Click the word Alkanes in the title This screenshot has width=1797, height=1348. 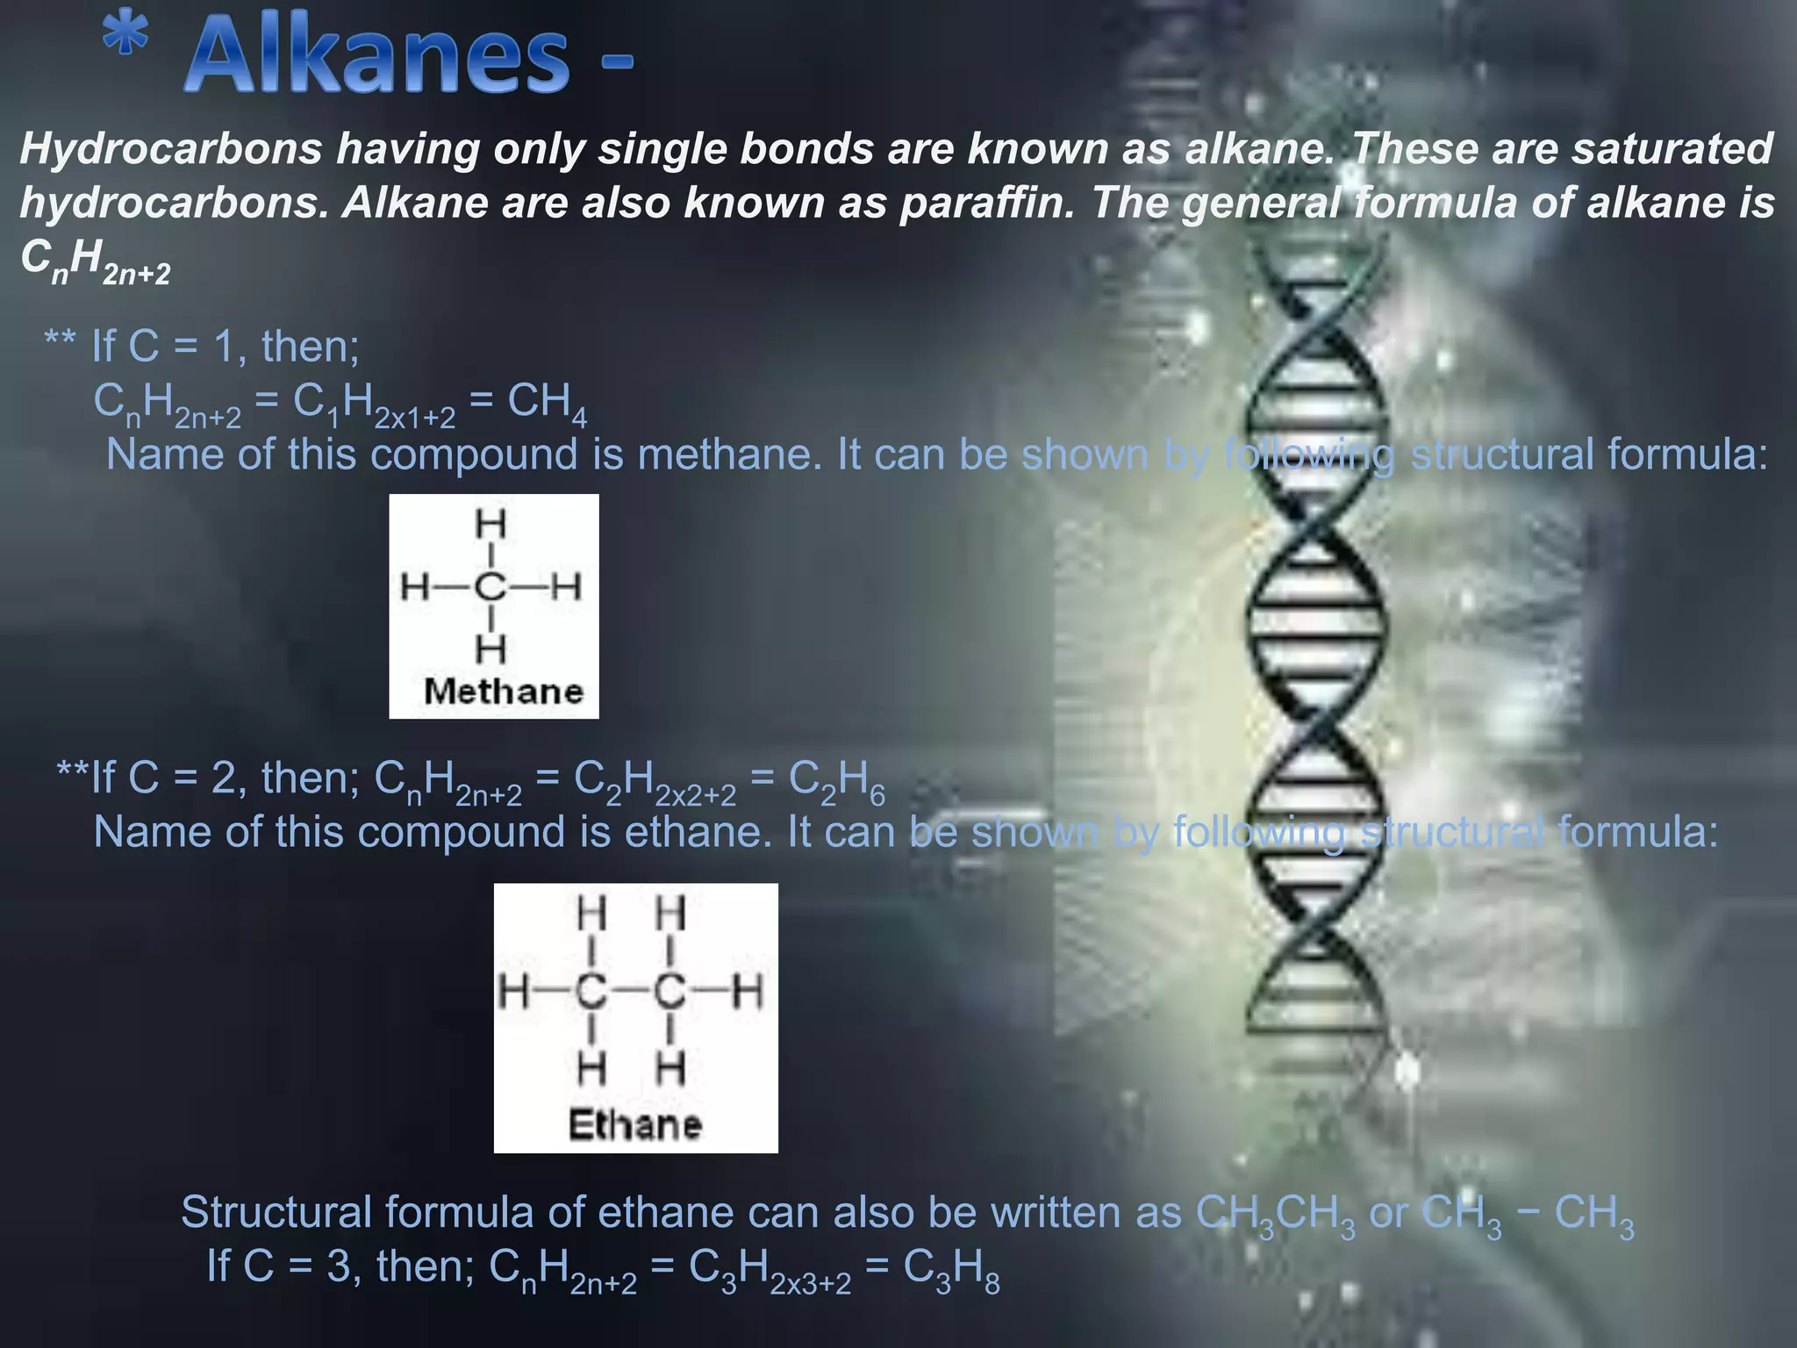tap(377, 57)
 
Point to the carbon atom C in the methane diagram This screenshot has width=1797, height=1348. tap(490, 586)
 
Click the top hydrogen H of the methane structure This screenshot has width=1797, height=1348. tap(490, 524)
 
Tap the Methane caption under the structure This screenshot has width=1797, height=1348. tap(503, 692)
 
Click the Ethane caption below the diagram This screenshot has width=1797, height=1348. tap(635, 1124)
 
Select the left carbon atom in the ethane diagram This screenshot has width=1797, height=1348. tap(591, 993)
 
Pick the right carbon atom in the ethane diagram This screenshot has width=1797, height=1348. tap(669, 993)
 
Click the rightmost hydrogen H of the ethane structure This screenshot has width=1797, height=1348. tap(748, 993)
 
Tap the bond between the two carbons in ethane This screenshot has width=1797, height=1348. tap(630, 993)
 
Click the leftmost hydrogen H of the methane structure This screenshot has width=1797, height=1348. tap(415, 586)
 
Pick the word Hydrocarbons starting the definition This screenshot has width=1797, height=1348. tap(171, 148)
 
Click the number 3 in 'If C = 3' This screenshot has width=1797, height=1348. tap(340, 1266)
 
